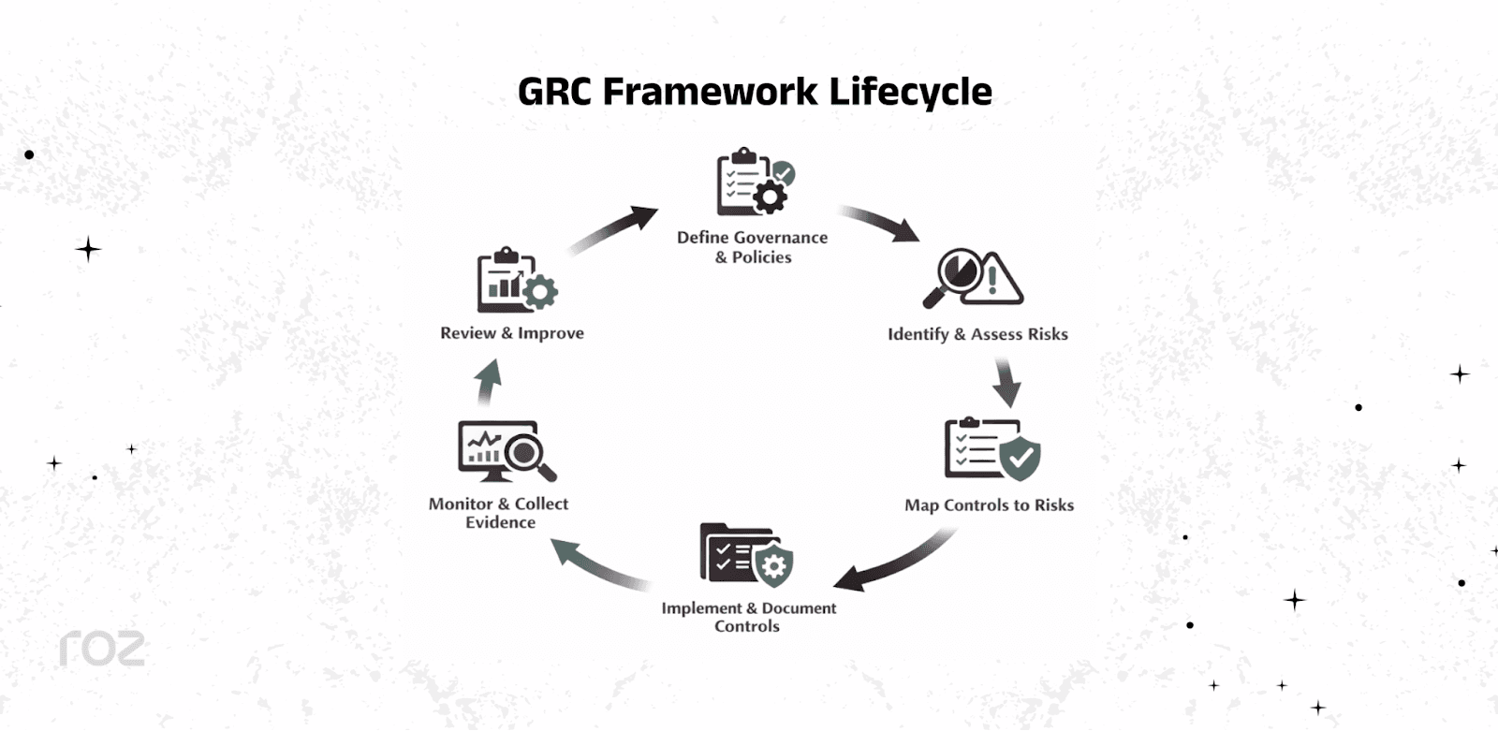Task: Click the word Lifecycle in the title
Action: coord(910,92)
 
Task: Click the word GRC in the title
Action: coord(555,92)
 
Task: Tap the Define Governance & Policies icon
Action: coord(753,183)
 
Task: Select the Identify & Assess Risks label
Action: coord(977,334)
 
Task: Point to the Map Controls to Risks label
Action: coord(989,505)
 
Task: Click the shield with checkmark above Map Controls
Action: coord(1020,458)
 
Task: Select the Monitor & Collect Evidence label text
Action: coord(499,513)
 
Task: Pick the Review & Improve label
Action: coord(512,333)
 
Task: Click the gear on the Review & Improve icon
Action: coord(540,292)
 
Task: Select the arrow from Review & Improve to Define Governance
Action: coord(614,230)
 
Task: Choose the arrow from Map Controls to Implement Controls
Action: coord(894,562)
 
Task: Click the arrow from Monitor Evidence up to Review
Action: coord(488,383)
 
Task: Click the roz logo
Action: coord(102,649)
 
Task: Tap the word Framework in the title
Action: coord(710,92)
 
